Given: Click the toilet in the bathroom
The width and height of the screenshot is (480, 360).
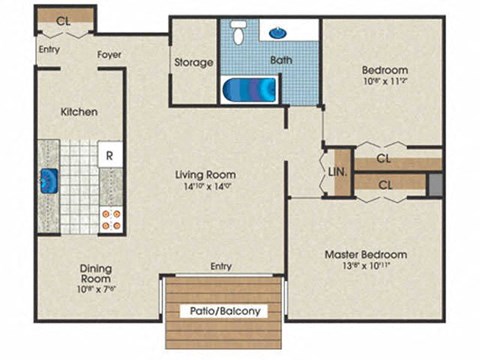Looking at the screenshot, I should point(237,34).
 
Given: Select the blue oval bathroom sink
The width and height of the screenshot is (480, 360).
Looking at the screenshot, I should point(276,32).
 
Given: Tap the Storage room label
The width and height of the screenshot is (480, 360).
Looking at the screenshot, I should point(193,62).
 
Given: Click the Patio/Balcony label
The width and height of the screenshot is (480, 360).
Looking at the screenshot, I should point(225,311).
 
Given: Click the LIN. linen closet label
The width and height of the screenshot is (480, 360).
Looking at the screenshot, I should point(336,170).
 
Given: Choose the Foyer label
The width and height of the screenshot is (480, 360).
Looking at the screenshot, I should point(110,55).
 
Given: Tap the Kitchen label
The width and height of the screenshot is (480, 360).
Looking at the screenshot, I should point(78,111).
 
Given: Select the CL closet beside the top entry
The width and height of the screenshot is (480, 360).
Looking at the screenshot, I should point(64,19).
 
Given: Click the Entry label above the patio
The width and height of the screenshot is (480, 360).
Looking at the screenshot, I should point(221,266).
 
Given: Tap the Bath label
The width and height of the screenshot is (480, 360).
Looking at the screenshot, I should point(281,60).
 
